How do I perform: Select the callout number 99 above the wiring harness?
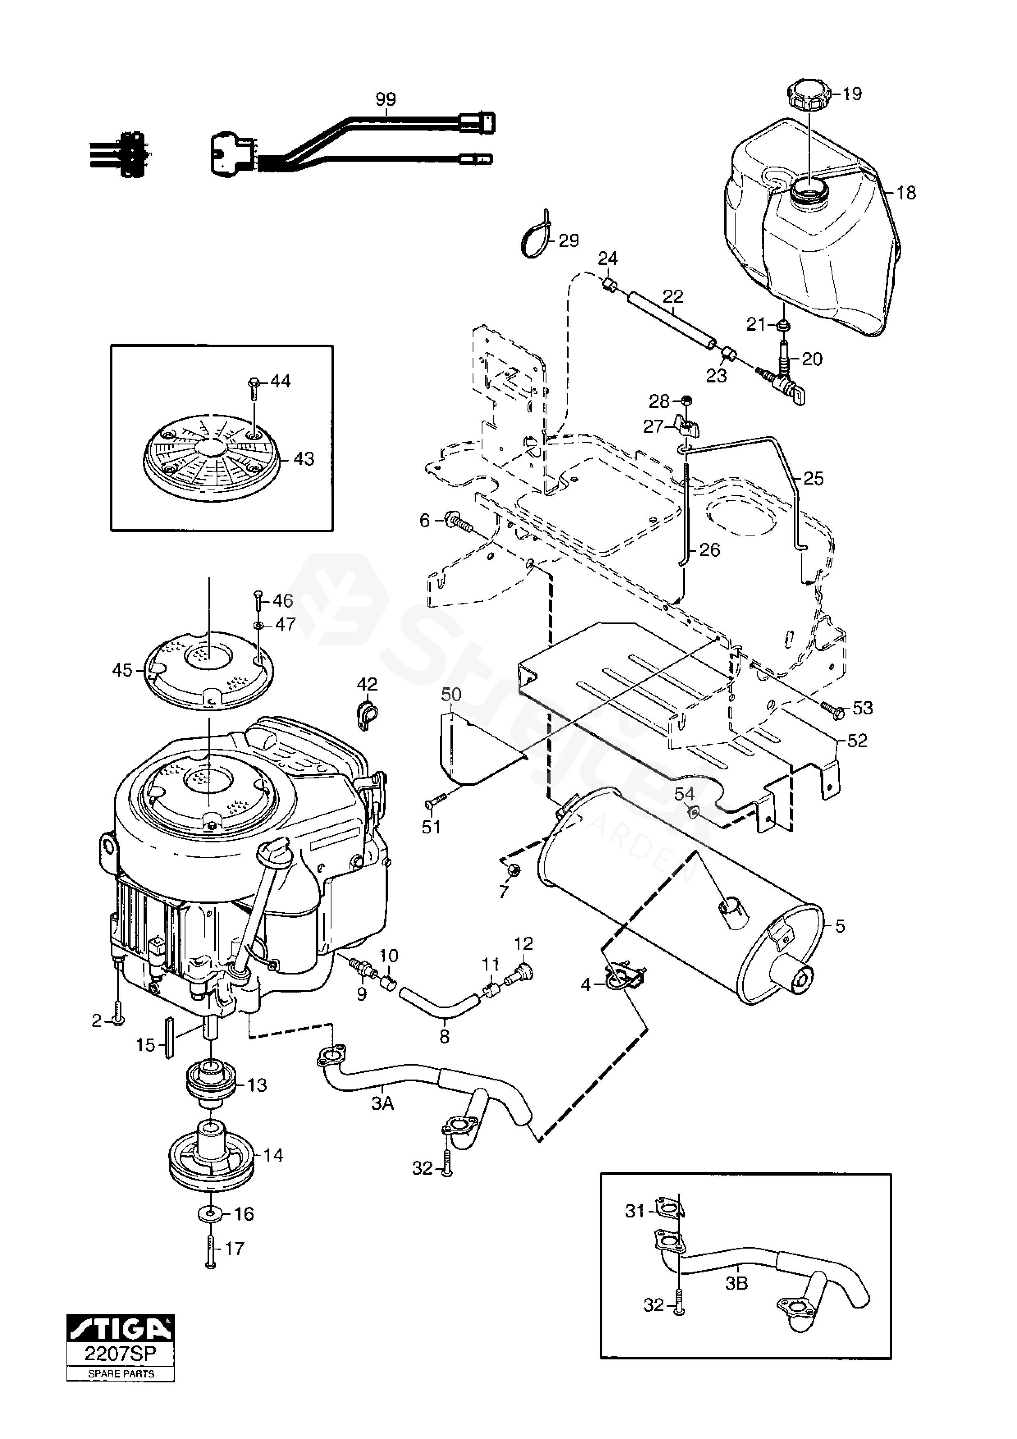pyautogui.click(x=386, y=99)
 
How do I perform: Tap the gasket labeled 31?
pyautogui.click(x=669, y=1206)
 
